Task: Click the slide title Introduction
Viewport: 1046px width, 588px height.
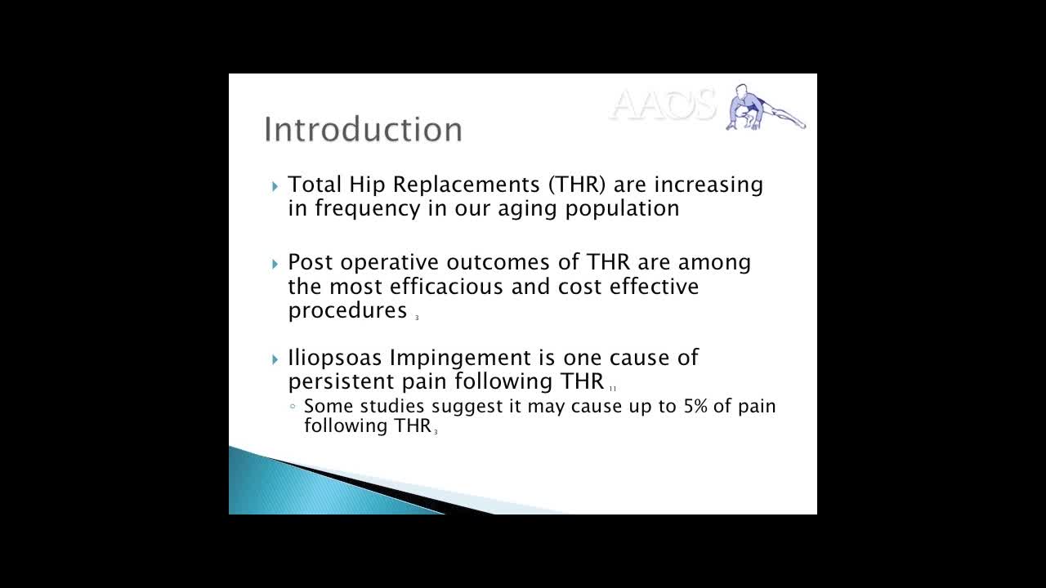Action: pyautogui.click(x=363, y=129)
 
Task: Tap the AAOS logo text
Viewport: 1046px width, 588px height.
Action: pyautogui.click(x=663, y=105)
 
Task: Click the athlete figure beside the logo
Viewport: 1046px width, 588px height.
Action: pyautogui.click(x=763, y=107)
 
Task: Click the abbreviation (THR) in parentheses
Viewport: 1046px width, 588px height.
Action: pyautogui.click(x=577, y=185)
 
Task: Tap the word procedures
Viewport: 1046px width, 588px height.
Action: pyautogui.click(x=347, y=310)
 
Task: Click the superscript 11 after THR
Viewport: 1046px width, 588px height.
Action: pyautogui.click(x=612, y=389)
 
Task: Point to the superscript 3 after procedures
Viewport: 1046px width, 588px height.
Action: pyautogui.click(x=417, y=318)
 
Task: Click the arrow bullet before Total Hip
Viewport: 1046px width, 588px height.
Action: pyautogui.click(x=275, y=186)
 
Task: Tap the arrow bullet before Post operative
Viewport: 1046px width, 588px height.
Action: pyautogui.click(x=275, y=264)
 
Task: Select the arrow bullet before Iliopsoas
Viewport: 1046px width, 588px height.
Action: pyautogui.click(x=275, y=359)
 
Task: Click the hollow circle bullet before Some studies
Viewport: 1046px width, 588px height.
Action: pyautogui.click(x=293, y=406)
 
